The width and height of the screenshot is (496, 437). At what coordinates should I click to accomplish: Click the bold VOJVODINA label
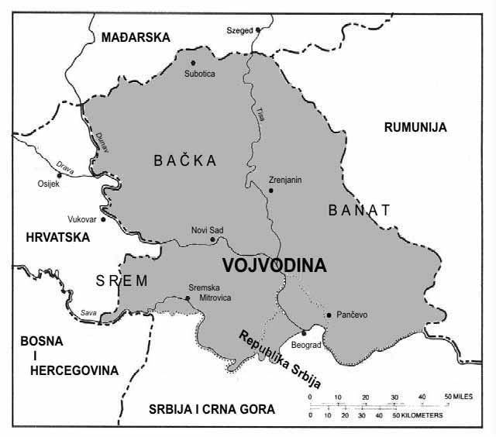tap(274, 265)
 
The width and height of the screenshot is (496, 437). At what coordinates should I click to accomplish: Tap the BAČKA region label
tap(184, 160)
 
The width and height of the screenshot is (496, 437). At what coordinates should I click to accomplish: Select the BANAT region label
tap(359, 209)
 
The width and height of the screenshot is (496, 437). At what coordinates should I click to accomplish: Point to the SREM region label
tap(122, 280)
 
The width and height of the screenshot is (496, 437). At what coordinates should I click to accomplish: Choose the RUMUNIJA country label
tap(415, 128)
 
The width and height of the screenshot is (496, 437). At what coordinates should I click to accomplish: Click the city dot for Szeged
tap(247, 30)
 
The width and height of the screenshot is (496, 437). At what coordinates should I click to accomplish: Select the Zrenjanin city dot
tap(270, 190)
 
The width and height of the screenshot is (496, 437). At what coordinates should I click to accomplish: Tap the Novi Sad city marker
tap(212, 239)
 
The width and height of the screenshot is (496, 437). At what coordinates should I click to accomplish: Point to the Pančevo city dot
tap(329, 315)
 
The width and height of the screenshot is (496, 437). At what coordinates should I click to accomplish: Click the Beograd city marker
tap(304, 332)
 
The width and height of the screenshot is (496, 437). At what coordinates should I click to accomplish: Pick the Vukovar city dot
tap(102, 219)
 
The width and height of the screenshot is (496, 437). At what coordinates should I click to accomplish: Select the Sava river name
tap(91, 312)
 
